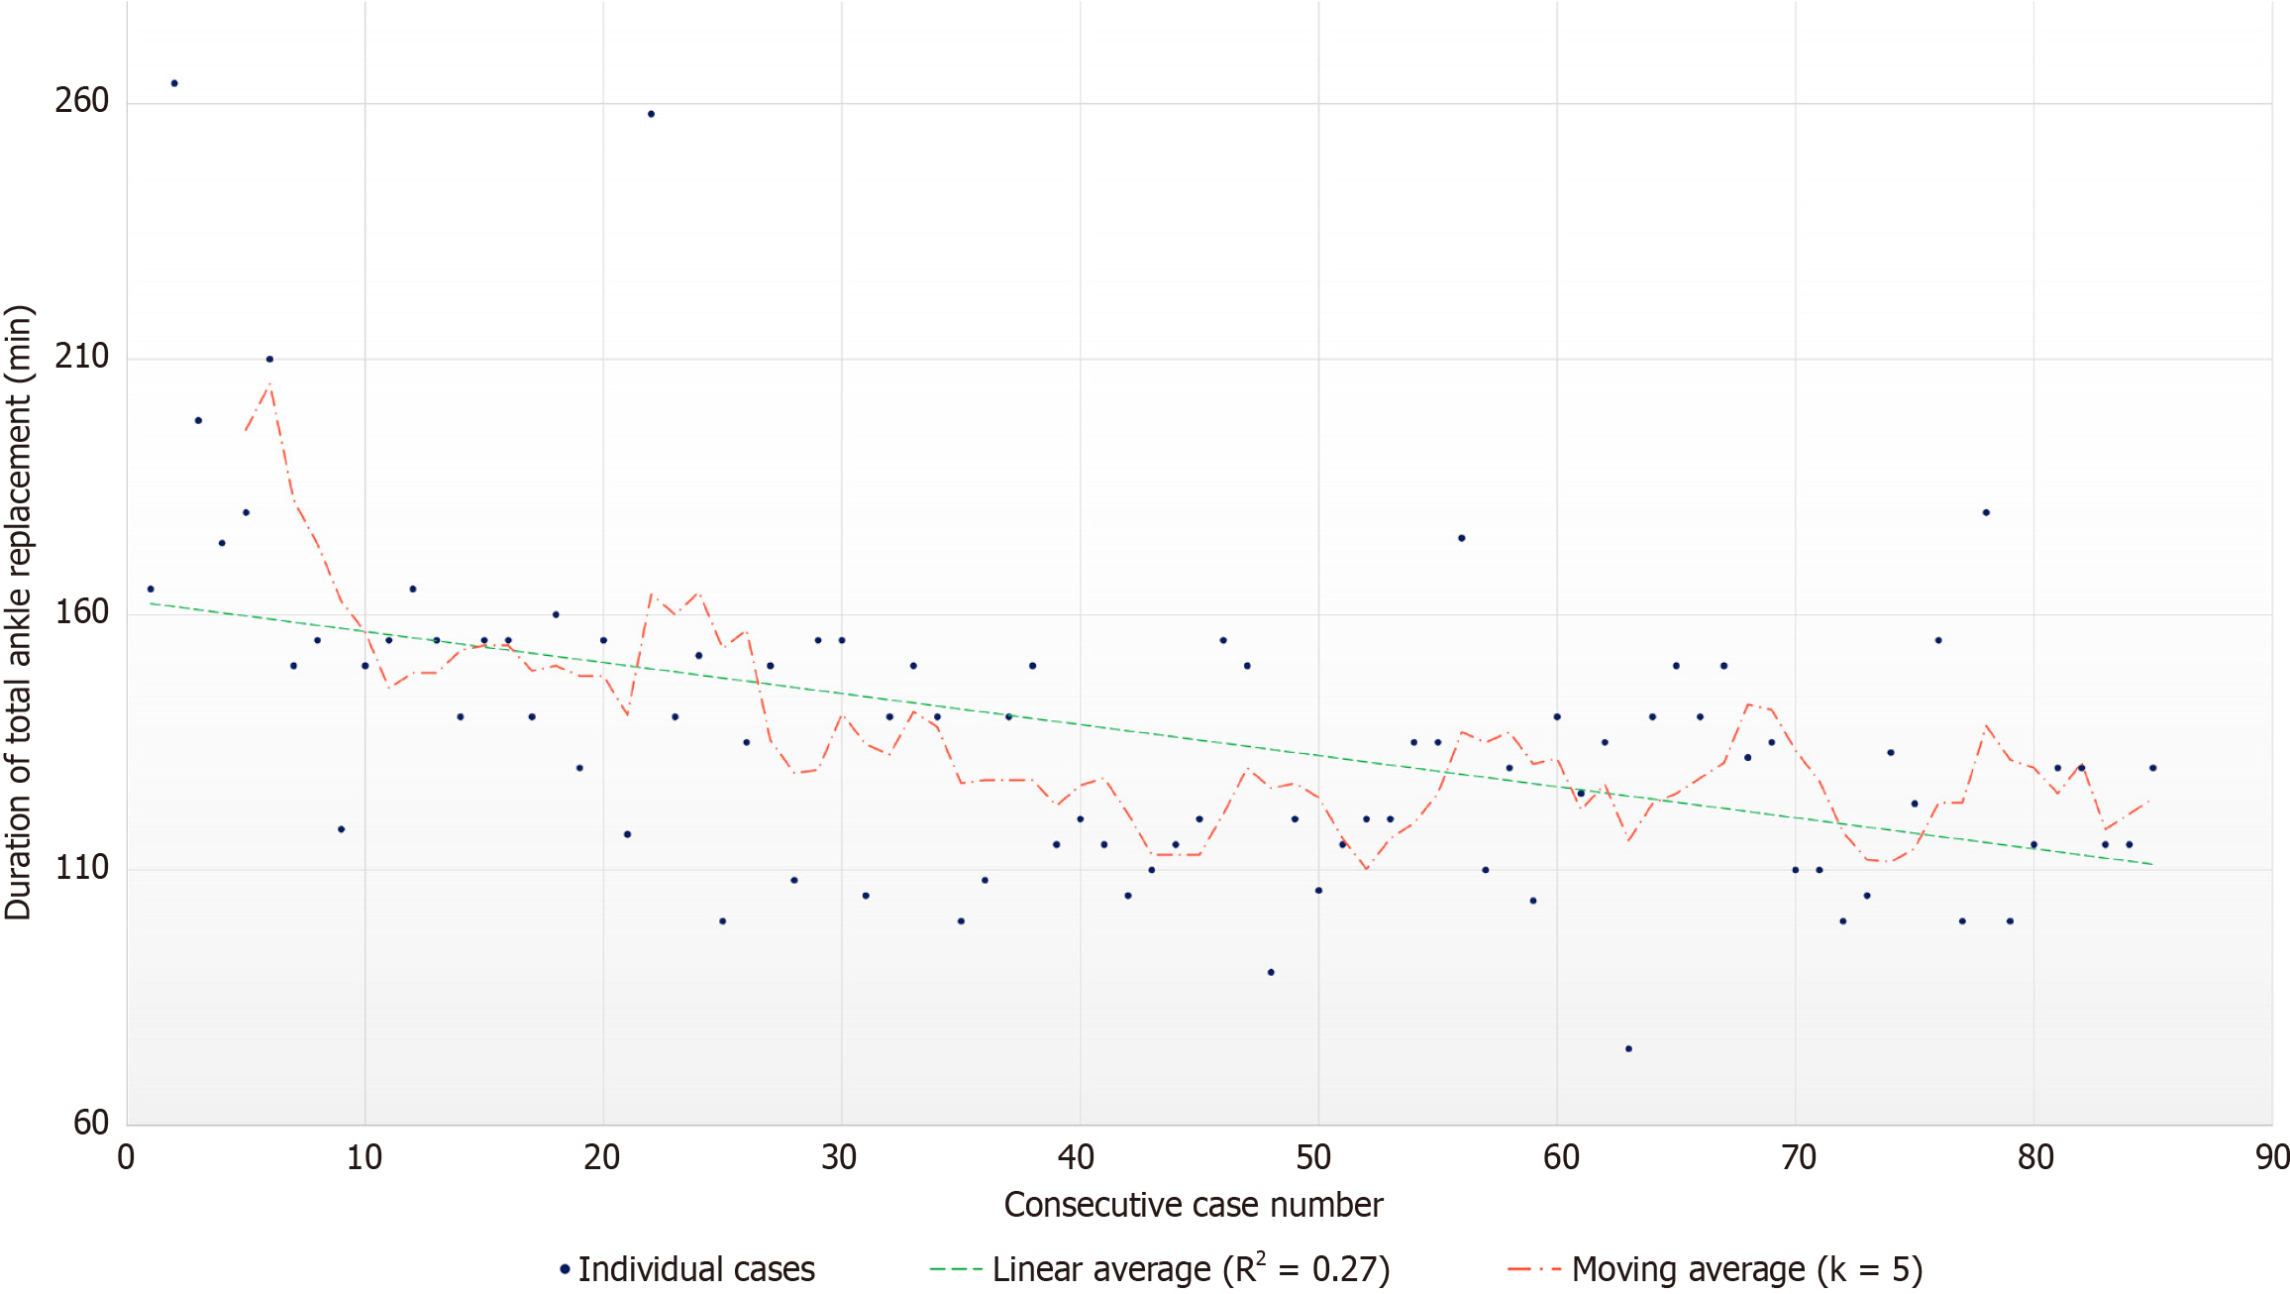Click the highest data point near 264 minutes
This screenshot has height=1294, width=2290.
click(174, 83)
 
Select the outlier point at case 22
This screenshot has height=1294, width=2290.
click(651, 114)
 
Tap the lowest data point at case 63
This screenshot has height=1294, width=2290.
click(1628, 1048)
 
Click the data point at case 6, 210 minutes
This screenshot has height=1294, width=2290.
click(269, 359)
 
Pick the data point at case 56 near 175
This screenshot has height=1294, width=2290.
click(1461, 538)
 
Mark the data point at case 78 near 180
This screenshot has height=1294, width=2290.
click(1986, 512)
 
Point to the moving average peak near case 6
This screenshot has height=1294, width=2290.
click(269, 385)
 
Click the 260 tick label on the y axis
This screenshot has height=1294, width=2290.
click(81, 101)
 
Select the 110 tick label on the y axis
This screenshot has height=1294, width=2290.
click(81, 868)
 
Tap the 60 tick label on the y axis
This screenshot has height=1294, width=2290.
click(91, 1123)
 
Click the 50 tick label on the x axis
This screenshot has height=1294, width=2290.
click(1314, 1157)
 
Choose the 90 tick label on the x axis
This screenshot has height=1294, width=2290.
click(2272, 1157)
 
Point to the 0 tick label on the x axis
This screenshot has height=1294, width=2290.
click(126, 1157)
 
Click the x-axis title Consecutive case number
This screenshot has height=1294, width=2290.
click(1193, 1205)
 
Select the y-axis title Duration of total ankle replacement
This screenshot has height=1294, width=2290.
click(20, 612)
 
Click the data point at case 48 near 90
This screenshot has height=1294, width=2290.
click(1271, 972)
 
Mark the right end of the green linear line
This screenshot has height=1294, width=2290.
click(2151, 864)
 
